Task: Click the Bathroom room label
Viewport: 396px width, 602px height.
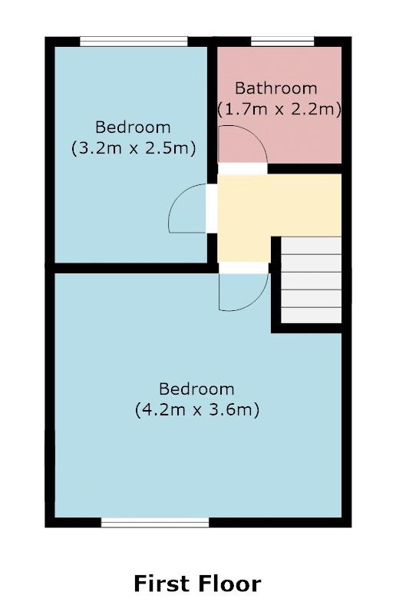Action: (276, 88)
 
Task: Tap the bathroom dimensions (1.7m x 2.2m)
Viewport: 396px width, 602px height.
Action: (279, 109)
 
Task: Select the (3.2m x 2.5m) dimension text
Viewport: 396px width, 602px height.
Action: (133, 147)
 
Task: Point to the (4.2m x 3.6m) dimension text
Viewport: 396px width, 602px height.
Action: (197, 409)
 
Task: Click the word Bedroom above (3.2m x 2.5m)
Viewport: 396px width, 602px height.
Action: (133, 127)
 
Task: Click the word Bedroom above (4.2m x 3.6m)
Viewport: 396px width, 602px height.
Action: (197, 389)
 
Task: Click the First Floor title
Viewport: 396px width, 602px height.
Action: (197, 583)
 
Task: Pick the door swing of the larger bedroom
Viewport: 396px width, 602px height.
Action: (241, 292)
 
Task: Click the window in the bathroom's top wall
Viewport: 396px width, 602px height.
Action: (282, 41)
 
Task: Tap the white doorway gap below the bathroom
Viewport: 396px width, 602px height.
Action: (243, 168)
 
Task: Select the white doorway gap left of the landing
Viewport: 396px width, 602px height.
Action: (211, 208)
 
